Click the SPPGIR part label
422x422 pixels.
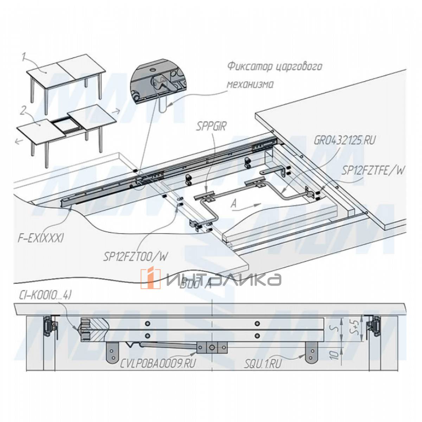click(212, 126)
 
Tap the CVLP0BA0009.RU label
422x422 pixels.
click(157, 364)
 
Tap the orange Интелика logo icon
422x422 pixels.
click(150, 279)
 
